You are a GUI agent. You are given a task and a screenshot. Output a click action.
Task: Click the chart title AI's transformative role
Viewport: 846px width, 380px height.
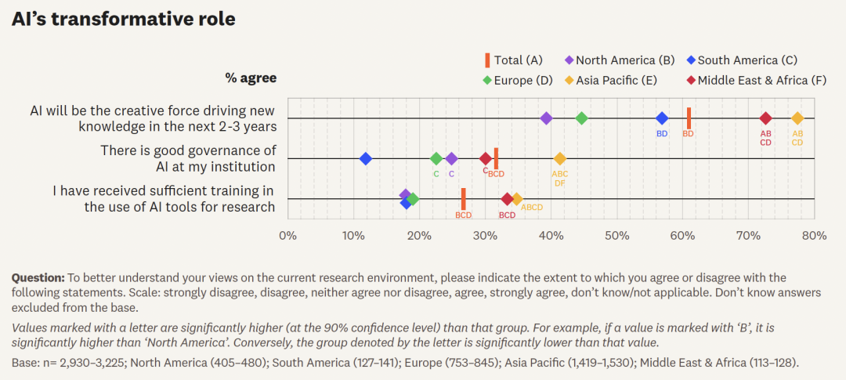click(124, 20)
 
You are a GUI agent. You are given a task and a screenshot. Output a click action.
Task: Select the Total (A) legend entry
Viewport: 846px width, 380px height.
click(514, 60)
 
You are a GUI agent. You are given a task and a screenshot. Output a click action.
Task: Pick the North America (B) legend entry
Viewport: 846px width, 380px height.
click(620, 60)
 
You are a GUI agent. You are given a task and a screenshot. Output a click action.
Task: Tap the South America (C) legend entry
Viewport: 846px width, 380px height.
click(742, 60)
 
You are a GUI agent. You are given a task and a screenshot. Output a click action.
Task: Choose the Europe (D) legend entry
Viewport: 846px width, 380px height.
click(518, 80)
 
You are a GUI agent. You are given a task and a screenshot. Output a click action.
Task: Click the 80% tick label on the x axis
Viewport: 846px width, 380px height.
click(814, 235)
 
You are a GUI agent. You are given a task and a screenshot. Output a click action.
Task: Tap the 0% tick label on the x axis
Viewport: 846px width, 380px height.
click(288, 235)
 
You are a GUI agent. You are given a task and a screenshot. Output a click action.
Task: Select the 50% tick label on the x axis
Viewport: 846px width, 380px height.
click(617, 235)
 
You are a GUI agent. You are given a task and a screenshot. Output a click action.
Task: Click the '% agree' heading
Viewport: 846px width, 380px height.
click(251, 78)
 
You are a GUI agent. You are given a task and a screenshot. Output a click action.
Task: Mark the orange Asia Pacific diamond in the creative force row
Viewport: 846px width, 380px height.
click(797, 118)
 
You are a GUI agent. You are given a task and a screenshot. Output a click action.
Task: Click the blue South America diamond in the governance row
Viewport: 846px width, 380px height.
click(366, 159)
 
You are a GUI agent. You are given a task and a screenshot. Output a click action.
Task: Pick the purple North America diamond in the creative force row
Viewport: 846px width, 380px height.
click(546, 118)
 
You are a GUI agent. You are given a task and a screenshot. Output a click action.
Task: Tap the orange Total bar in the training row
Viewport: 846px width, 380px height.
click(464, 198)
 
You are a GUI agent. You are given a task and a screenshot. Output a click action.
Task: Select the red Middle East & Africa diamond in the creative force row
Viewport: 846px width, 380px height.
click(765, 118)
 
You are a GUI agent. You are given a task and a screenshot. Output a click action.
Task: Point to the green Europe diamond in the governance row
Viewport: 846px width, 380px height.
click(436, 159)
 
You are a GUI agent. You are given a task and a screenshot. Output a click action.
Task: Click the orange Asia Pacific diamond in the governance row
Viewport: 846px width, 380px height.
click(560, 159)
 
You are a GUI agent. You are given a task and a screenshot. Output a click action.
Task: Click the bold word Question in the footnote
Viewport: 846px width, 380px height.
click(38, 278)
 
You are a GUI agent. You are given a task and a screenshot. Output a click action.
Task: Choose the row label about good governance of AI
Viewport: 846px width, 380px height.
click(188, 158)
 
